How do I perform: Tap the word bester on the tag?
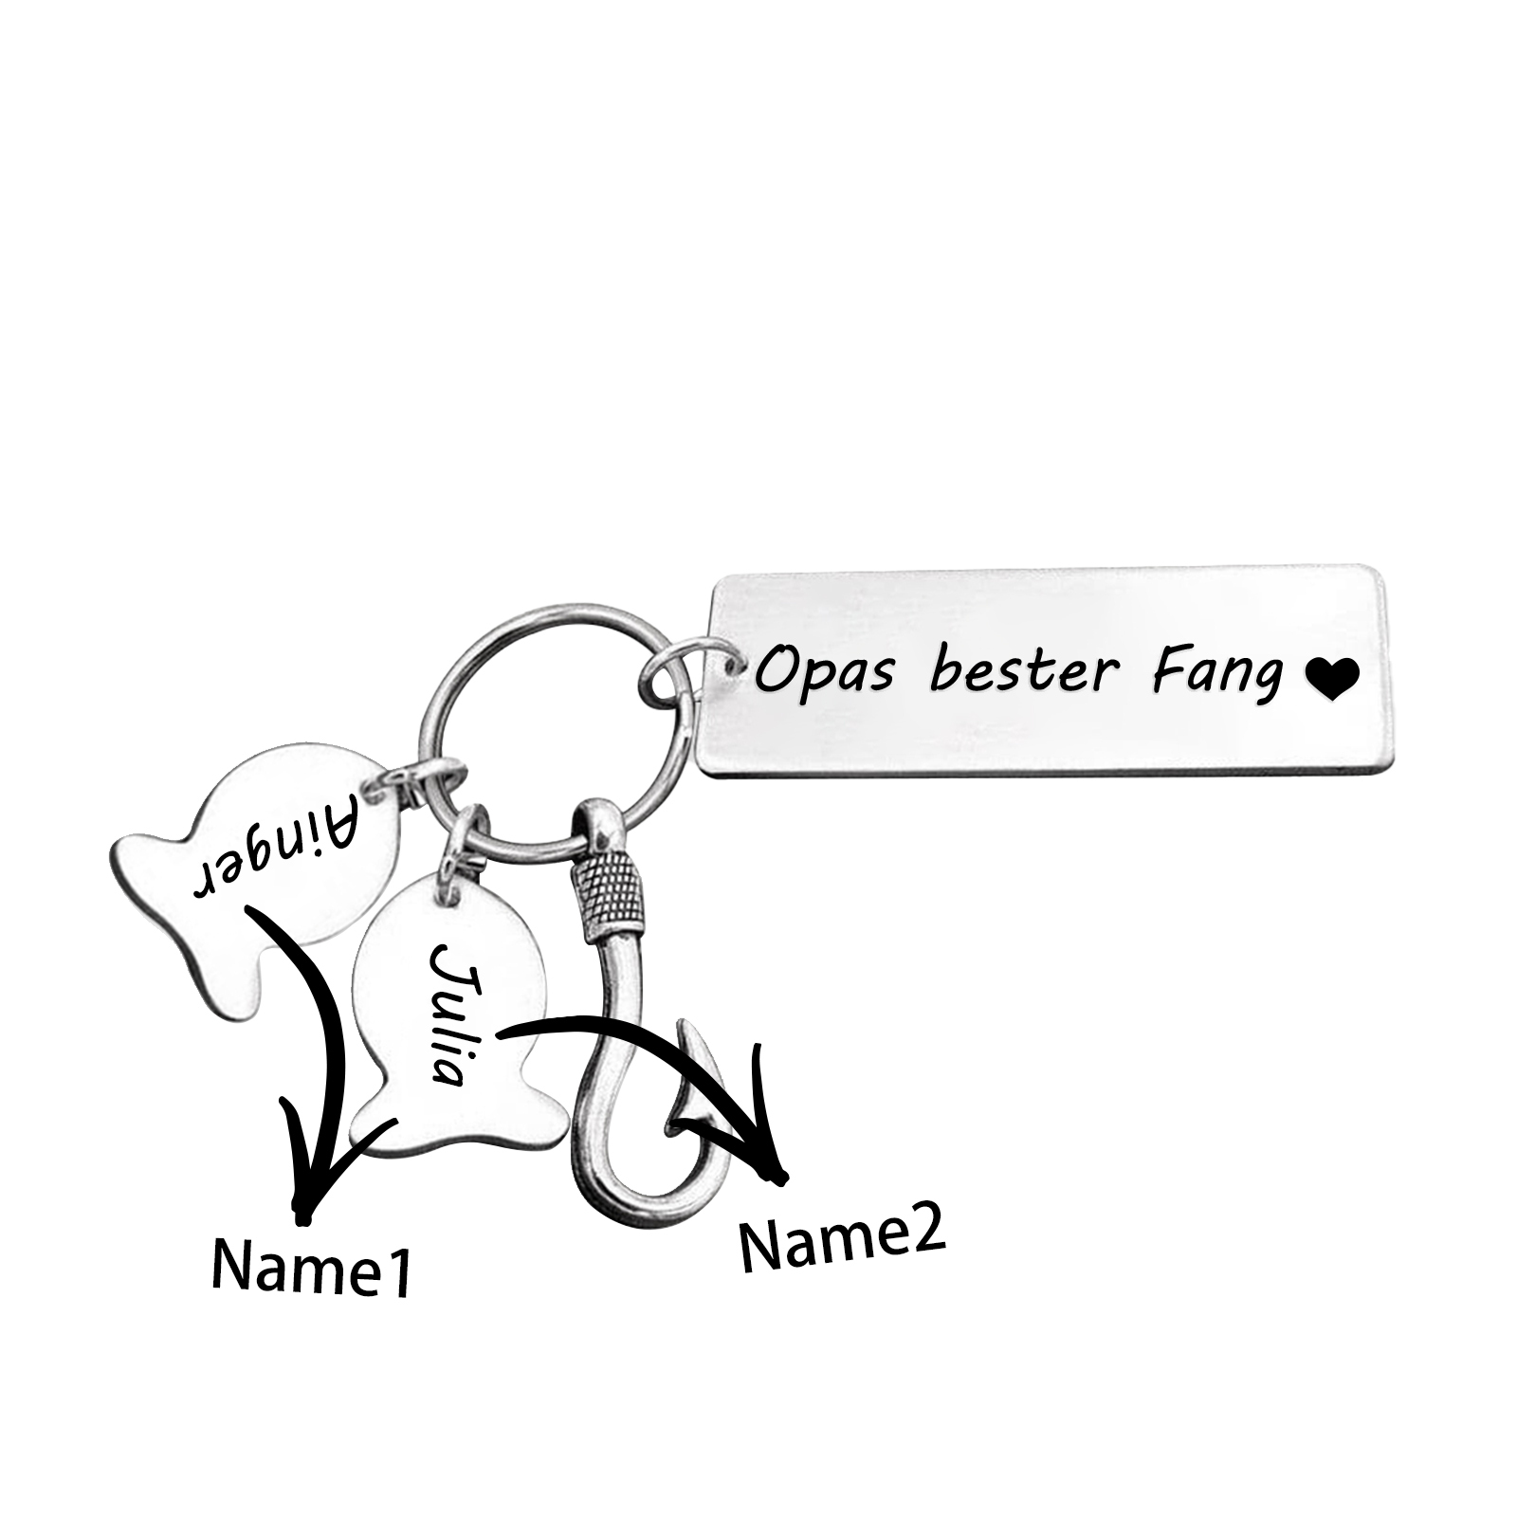(1024, 671)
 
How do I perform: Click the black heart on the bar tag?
(1332, 679)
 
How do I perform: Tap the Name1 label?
(311, 1268)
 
